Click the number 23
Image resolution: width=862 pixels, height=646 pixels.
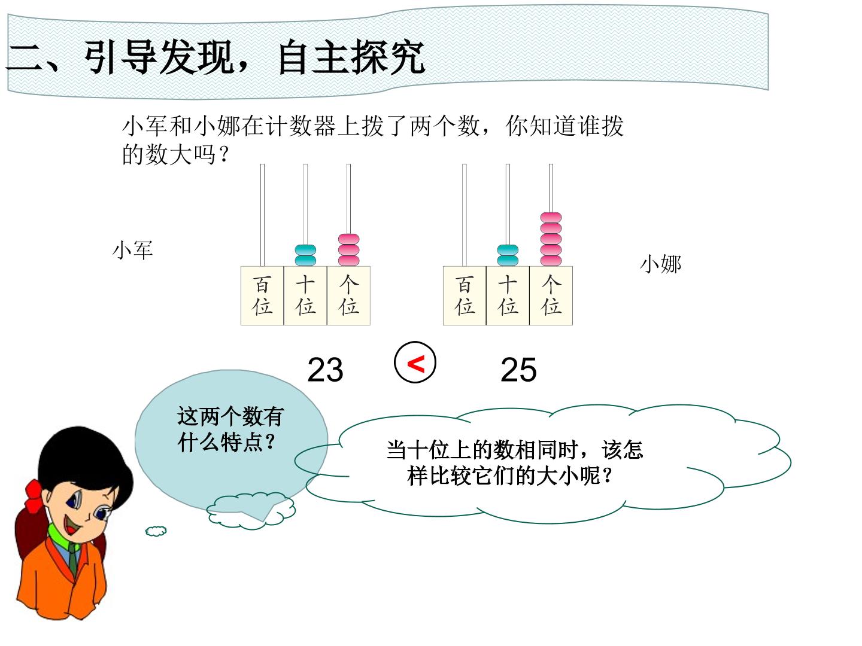325,370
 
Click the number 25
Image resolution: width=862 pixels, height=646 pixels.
518,370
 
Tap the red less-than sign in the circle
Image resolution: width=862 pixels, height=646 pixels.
416,364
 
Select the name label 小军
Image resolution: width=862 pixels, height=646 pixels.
132,250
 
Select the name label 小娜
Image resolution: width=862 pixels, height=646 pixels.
660,264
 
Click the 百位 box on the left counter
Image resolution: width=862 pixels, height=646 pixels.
262,295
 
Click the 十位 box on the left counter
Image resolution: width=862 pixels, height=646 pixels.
305,295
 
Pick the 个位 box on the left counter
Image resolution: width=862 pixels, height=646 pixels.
349,295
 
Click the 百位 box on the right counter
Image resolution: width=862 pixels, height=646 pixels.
465,295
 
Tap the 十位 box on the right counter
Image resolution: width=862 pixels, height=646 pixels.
508,295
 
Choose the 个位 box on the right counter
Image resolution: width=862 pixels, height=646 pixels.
551,295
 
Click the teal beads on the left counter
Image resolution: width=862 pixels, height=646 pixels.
305,255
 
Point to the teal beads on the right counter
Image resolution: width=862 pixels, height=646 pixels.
508,255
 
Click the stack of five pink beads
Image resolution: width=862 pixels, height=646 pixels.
551,239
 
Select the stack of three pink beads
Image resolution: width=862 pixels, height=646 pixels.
349,250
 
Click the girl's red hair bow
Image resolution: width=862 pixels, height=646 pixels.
35,496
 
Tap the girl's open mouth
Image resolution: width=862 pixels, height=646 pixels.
72,525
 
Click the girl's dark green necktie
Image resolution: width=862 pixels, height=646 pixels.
72,559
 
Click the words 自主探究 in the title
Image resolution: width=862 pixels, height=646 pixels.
352,57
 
